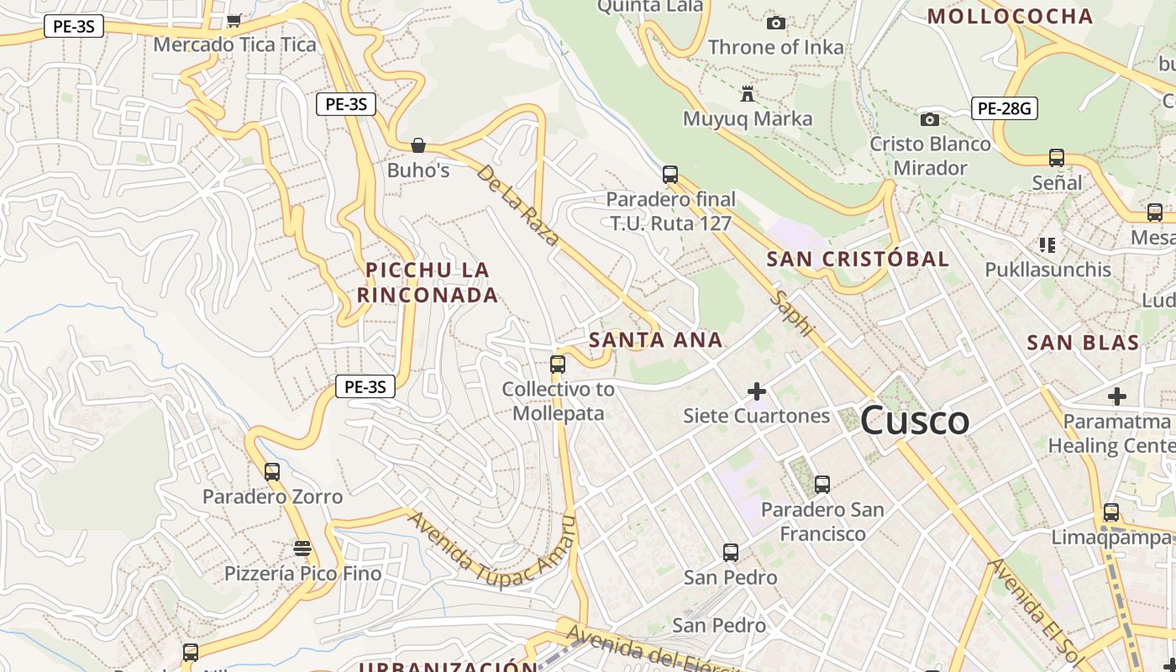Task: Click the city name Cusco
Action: coord(915,420)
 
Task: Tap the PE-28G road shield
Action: coord(1005,108)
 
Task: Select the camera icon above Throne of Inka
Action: coord(776,24)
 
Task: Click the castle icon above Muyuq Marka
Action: coord(748,93)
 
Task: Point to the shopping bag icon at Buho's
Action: coord(418,145)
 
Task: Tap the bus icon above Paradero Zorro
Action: coord(272,472)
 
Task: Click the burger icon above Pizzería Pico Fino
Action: coord(302,549)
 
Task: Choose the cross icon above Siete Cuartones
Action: coord(757,391)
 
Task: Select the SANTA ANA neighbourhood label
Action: coord(655,340)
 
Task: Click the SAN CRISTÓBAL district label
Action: coord(858,259)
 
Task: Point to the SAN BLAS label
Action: coord(1083,343)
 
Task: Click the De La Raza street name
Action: coord(517,205)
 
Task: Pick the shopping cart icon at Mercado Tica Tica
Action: coord(234,20)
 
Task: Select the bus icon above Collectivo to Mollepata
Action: coord(558,365)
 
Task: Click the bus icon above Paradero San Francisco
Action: coord(822,485)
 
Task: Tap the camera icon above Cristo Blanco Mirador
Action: coord(930,120)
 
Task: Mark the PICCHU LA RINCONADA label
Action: coord(428,283)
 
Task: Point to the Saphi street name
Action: coord(794,314)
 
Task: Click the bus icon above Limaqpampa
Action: coord(1111,512)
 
